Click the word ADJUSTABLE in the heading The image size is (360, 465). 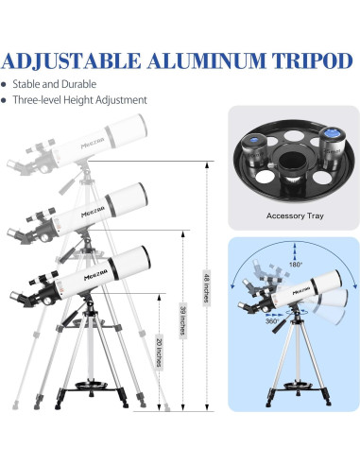click(x=71, y=60)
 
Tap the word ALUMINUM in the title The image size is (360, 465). click(x=207, y=60)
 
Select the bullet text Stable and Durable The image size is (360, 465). click(x=55, y=84)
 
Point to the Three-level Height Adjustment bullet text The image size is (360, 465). click(x=79, y=100)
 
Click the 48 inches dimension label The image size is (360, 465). click(x=207, y=287)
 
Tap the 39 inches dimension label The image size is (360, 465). click(x=183, y=320)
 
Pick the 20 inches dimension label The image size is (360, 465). click(x=160, y=353)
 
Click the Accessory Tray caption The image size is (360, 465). click(x=295, y=215)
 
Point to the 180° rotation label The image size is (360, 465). click(x=296, y=265)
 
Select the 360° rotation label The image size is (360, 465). click(x=272, y=321)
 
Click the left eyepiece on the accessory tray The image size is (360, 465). click(x=254, y=149)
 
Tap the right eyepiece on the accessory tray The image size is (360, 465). click(x=330, y=146)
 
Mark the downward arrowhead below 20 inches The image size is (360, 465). click(x=160, y=408)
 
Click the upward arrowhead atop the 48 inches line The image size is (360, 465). click(x=207, y=165)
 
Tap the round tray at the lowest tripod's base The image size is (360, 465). click(x=92, y=385)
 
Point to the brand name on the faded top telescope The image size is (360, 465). click(x=93, y=145)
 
